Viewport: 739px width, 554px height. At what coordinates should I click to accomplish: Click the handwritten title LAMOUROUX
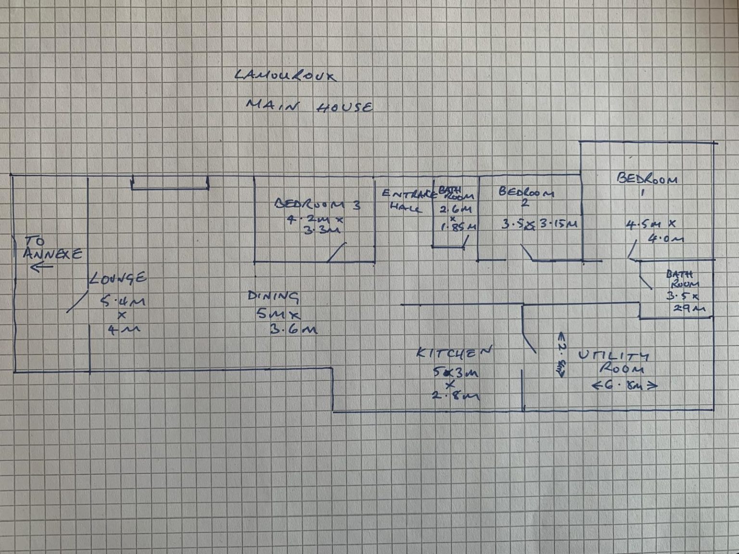tap(286, 75)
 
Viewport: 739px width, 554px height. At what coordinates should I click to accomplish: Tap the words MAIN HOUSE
tap(309, 106)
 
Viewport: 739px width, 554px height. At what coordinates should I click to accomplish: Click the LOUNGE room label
tap(118, 278)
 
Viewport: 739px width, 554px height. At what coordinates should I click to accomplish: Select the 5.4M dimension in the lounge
tap(123, 302)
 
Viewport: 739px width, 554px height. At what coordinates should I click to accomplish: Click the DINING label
tap(273, 296)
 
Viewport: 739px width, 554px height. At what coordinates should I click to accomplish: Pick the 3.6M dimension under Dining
tap(293, 329)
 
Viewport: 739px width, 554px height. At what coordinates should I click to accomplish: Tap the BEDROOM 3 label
tap(318, 204)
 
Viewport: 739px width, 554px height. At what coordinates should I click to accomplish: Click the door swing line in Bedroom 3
tap(337, 252)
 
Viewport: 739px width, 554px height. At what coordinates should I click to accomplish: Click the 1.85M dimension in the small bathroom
tap(459, 227)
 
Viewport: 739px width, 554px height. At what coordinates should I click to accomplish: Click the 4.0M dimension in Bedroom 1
tap(666, 238)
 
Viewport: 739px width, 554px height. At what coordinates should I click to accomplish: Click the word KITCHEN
tap(454, 353)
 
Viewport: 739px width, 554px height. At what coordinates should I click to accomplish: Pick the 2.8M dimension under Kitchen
tap(455, 396)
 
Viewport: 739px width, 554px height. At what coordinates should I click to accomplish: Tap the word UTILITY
tap(613, 356)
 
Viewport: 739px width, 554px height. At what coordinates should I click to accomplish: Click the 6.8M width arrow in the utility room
tap(624, 385)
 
